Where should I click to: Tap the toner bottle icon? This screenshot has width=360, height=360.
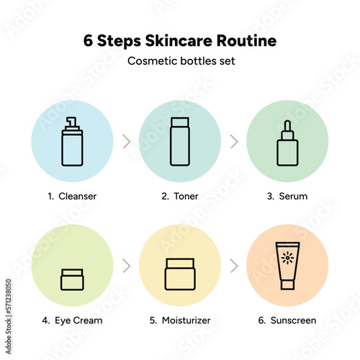[x=180, y=142]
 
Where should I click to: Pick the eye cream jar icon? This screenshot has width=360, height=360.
[x=72, y=279]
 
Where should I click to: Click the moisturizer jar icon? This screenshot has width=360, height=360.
[x=180, y=274]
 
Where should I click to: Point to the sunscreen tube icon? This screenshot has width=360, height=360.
[x=287, y=266]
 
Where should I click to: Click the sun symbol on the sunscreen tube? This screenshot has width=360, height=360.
[x=287, y=258]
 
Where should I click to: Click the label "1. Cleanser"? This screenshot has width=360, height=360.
[x=72, y=196]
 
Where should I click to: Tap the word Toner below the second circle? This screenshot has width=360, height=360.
[x=186, y=196]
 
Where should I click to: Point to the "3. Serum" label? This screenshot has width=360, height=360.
[x=287, y=196]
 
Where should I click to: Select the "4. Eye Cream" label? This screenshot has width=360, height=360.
[x=72, y=320]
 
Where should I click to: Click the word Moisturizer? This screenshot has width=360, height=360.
[x=186, y=320]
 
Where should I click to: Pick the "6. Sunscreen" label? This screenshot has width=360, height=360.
[x=287, y=320]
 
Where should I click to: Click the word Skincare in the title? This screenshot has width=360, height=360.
[x=179, y=40]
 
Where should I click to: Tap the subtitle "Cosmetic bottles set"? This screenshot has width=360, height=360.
[x=181, y=61]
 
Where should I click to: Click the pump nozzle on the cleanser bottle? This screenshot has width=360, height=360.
[x=72, y=122]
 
